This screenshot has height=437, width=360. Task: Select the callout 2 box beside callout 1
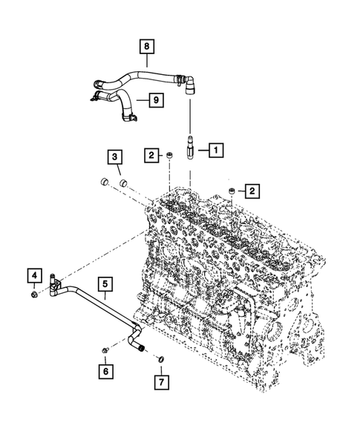[x=151, y=155]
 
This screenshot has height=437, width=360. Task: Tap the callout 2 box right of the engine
[x=252, y=192]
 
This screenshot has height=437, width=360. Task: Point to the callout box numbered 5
[x=105, y=283]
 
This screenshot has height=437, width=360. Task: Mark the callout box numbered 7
[x=159, y=383]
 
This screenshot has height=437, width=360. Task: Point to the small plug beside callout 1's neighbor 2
[x=169, y=155]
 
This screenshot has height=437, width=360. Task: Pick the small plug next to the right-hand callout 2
[x=232, y=192]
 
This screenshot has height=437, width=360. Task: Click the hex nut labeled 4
[x=35, y=296]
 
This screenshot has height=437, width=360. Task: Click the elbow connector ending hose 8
[x=189, y=83]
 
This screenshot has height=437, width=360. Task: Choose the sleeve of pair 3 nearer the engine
[x=122, y=183]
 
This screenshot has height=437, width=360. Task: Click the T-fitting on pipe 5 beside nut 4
[x=54, y=285]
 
